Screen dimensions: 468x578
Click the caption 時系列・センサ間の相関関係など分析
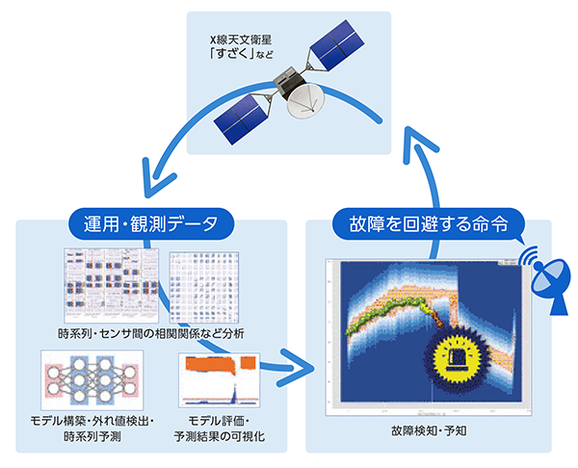click(x=152, y=333)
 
